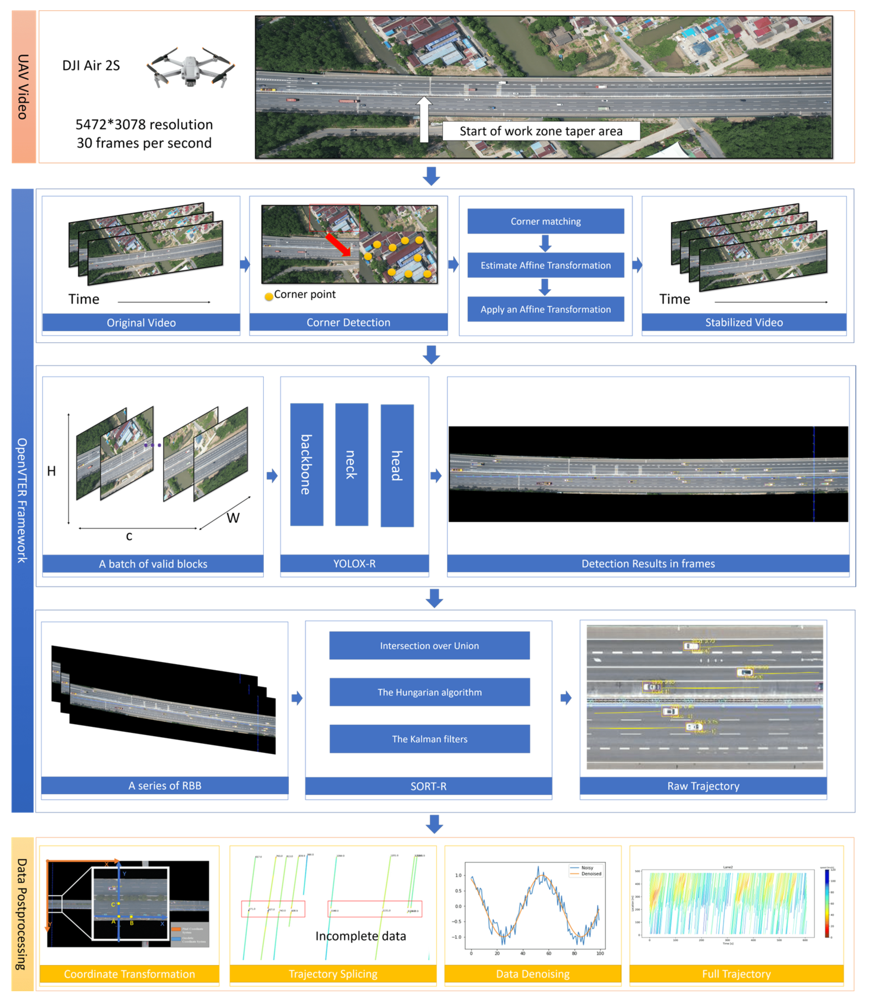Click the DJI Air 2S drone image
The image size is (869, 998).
click(x=191, y=68)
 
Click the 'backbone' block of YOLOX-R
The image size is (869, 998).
click(x=306, y=464)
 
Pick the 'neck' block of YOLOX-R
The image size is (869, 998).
click(x=352, y=464)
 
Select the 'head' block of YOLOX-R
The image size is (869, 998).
click(x=397, y=465)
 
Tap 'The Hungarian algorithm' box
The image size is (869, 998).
click(x=430, y=692)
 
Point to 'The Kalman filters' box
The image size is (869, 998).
click(x=430, y=739)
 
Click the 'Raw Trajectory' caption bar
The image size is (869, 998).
click(x=703, y=786)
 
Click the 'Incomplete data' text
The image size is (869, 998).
click(x=361, y=936)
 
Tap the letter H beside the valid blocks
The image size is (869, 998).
click(x=51, y=471)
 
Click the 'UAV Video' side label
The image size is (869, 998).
click(x=23, y=87)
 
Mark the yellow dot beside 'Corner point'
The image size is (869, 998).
click(x=269, y=297)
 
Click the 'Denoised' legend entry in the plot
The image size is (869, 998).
click(x=591, y=874)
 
